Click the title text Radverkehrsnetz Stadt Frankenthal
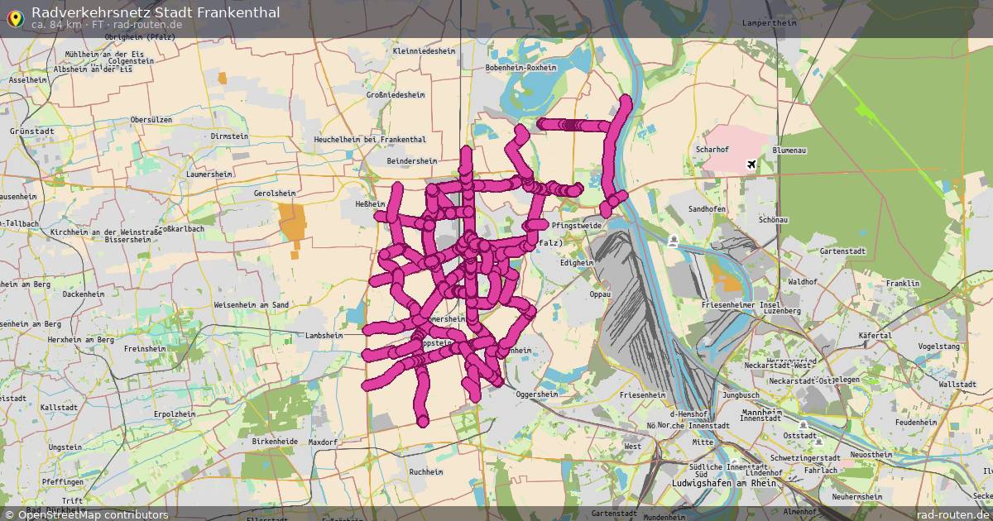click(x=156, y=12)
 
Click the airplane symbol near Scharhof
click(x=751, y=165)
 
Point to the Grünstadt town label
click(x=32, y=131)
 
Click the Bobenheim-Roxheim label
click(x=521, y=68)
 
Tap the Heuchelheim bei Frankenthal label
click(x=370, y=140)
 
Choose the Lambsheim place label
click(x=324, y=336)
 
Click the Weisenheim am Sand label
click(x=251, y=305)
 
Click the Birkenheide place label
click(x=275, y=442)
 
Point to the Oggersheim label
click(x=537, y=394)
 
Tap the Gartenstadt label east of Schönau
click(x=842, y=251)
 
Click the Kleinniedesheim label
click(x=425, y=50)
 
